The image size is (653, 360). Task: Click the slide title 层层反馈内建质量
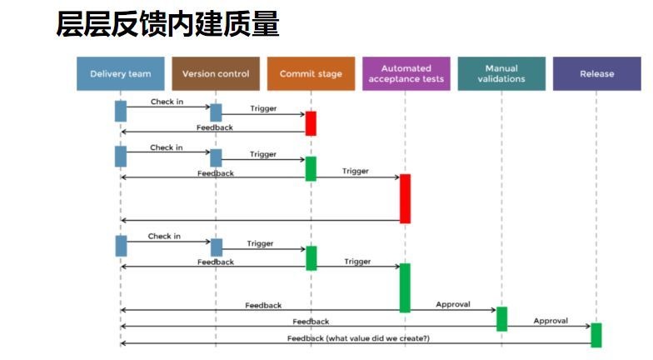click(167, 25)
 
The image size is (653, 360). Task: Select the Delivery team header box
click(120, 73)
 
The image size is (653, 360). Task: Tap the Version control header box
click(216, 73)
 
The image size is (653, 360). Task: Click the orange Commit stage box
click(311, 73)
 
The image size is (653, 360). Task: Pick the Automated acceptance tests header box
click(406, 73)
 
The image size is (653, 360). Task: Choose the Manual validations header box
click(501, 73)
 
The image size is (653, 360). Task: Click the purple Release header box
click(596, 73)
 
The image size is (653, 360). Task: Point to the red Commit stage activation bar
click(311, 122)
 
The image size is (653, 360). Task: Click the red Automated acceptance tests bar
click(406, 198)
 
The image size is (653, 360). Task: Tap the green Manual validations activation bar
click(501, 318)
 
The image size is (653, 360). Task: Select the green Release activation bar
click(596, 334)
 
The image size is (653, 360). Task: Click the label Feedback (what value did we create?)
click(358, 338)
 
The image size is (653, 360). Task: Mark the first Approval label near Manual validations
click(453, 304)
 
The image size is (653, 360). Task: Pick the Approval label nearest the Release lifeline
click(551, 320)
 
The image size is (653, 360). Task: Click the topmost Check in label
click(167, 102)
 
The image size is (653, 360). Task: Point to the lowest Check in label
click(164, 236)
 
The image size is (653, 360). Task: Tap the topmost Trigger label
click(263, 108)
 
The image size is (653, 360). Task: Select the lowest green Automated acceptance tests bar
click(406, 287)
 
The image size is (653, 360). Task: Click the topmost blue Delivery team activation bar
click(120, 111)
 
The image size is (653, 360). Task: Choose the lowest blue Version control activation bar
click(217, 247)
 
